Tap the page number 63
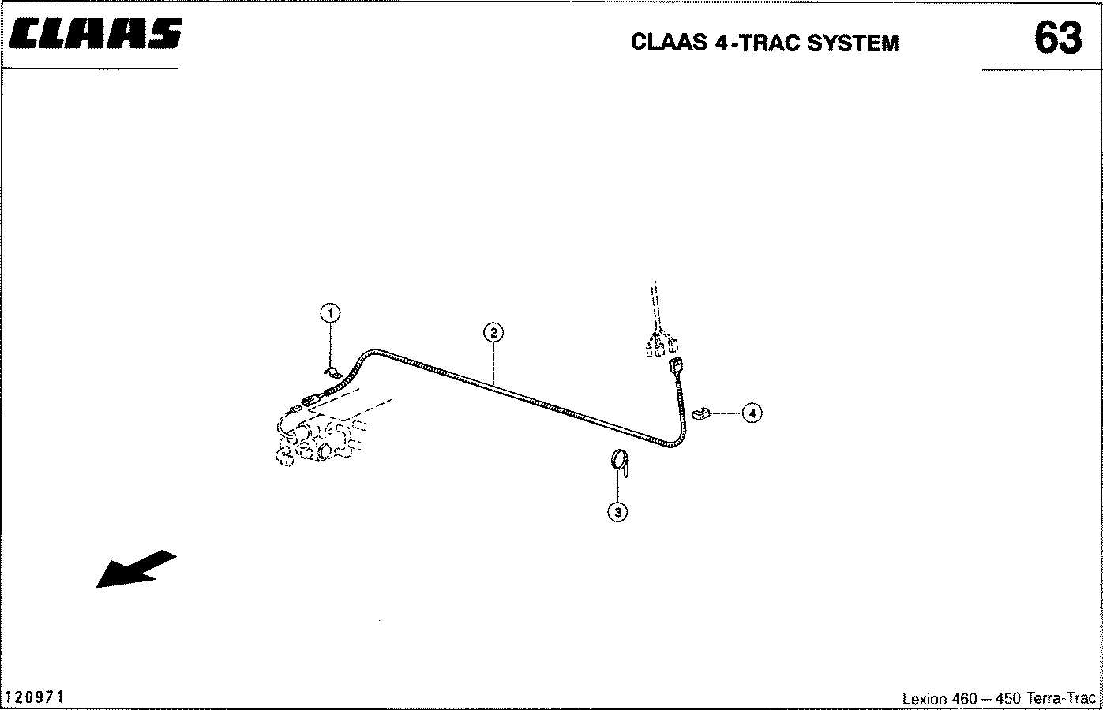[1057, 37]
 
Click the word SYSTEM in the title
[853, 43]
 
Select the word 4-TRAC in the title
[758, 43]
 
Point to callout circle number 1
[330, 313]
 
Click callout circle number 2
[493, 332]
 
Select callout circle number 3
[617, 512]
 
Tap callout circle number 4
[752, 413]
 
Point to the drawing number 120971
[35, 697]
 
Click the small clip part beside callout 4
[700, 413]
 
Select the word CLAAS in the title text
[669, 43]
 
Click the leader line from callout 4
[726, 413]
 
